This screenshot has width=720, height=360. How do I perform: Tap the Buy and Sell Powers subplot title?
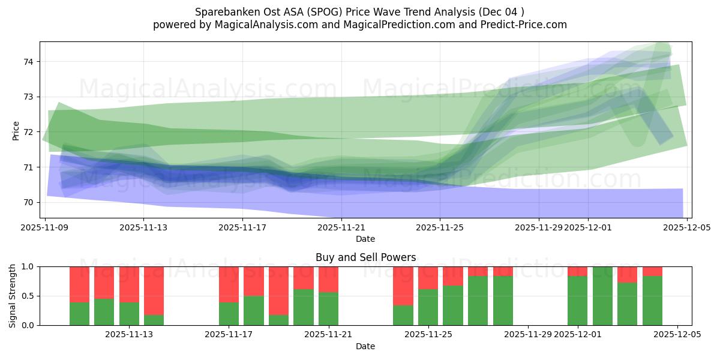(365, 257)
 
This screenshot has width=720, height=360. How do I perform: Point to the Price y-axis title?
(16, 130)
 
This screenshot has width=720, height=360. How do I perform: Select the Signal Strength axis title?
(13, 296)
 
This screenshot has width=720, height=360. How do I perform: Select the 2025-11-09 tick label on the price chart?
(46, 227)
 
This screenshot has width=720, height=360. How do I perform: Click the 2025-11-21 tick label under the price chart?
(341, 227)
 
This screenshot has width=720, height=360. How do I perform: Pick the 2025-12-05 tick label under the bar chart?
(677, 335)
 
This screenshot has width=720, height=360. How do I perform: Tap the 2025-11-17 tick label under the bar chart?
(229, 335)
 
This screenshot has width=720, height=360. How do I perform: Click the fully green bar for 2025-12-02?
(602, 296)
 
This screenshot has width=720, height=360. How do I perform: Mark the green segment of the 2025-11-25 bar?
(428, 307)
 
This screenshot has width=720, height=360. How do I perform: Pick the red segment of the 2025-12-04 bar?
(652, 271)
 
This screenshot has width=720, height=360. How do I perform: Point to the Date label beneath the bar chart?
(365, 346)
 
